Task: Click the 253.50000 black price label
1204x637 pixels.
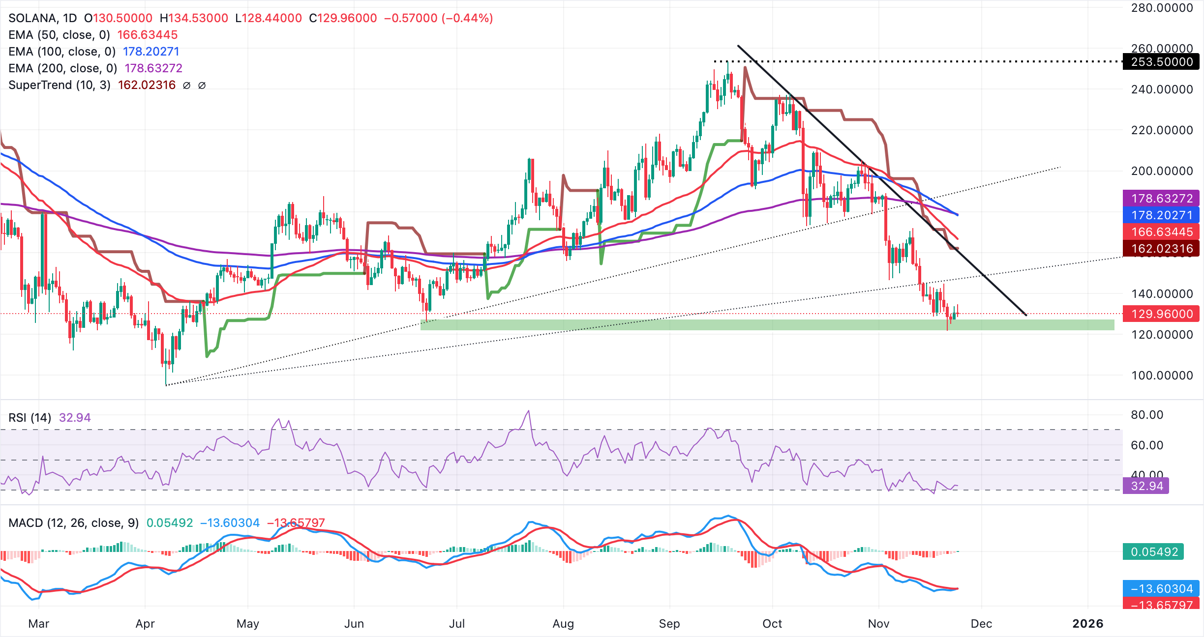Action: click(x=1161, y=62)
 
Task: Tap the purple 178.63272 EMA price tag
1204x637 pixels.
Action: click(x=1161, y=199)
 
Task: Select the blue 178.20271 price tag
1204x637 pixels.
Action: click(x=1161, y=215)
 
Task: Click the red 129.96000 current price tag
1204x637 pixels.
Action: click(x=1161, y=314)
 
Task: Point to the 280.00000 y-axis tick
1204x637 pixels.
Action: click(x=1161, y=8)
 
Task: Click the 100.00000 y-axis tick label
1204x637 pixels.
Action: click(x=1161, y=376)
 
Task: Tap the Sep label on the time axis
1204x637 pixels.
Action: click(x=669, y=624)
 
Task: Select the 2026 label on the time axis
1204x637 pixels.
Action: click(x=1087, y=624)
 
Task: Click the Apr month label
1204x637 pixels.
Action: click(x=145, y=624)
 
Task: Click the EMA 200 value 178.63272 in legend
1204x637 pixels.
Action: click(x=153, y=68)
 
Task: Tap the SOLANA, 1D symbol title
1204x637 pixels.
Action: click(x=43, y=18)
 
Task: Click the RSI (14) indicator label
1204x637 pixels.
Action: click(x=30, y=418)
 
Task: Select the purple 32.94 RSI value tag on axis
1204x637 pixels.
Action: click(x=1146, y=486)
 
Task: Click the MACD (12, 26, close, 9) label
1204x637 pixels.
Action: click(x=74, y=523)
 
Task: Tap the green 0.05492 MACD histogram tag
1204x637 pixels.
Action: click(x=1153, y=552)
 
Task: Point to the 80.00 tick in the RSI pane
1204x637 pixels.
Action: click(x=1146, y=415)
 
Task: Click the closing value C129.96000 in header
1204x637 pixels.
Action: click(x=343, y=18)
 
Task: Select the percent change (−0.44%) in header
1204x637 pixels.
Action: click(x=467, y=18)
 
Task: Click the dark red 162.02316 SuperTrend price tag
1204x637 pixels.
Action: click(x=1161, y=249)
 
